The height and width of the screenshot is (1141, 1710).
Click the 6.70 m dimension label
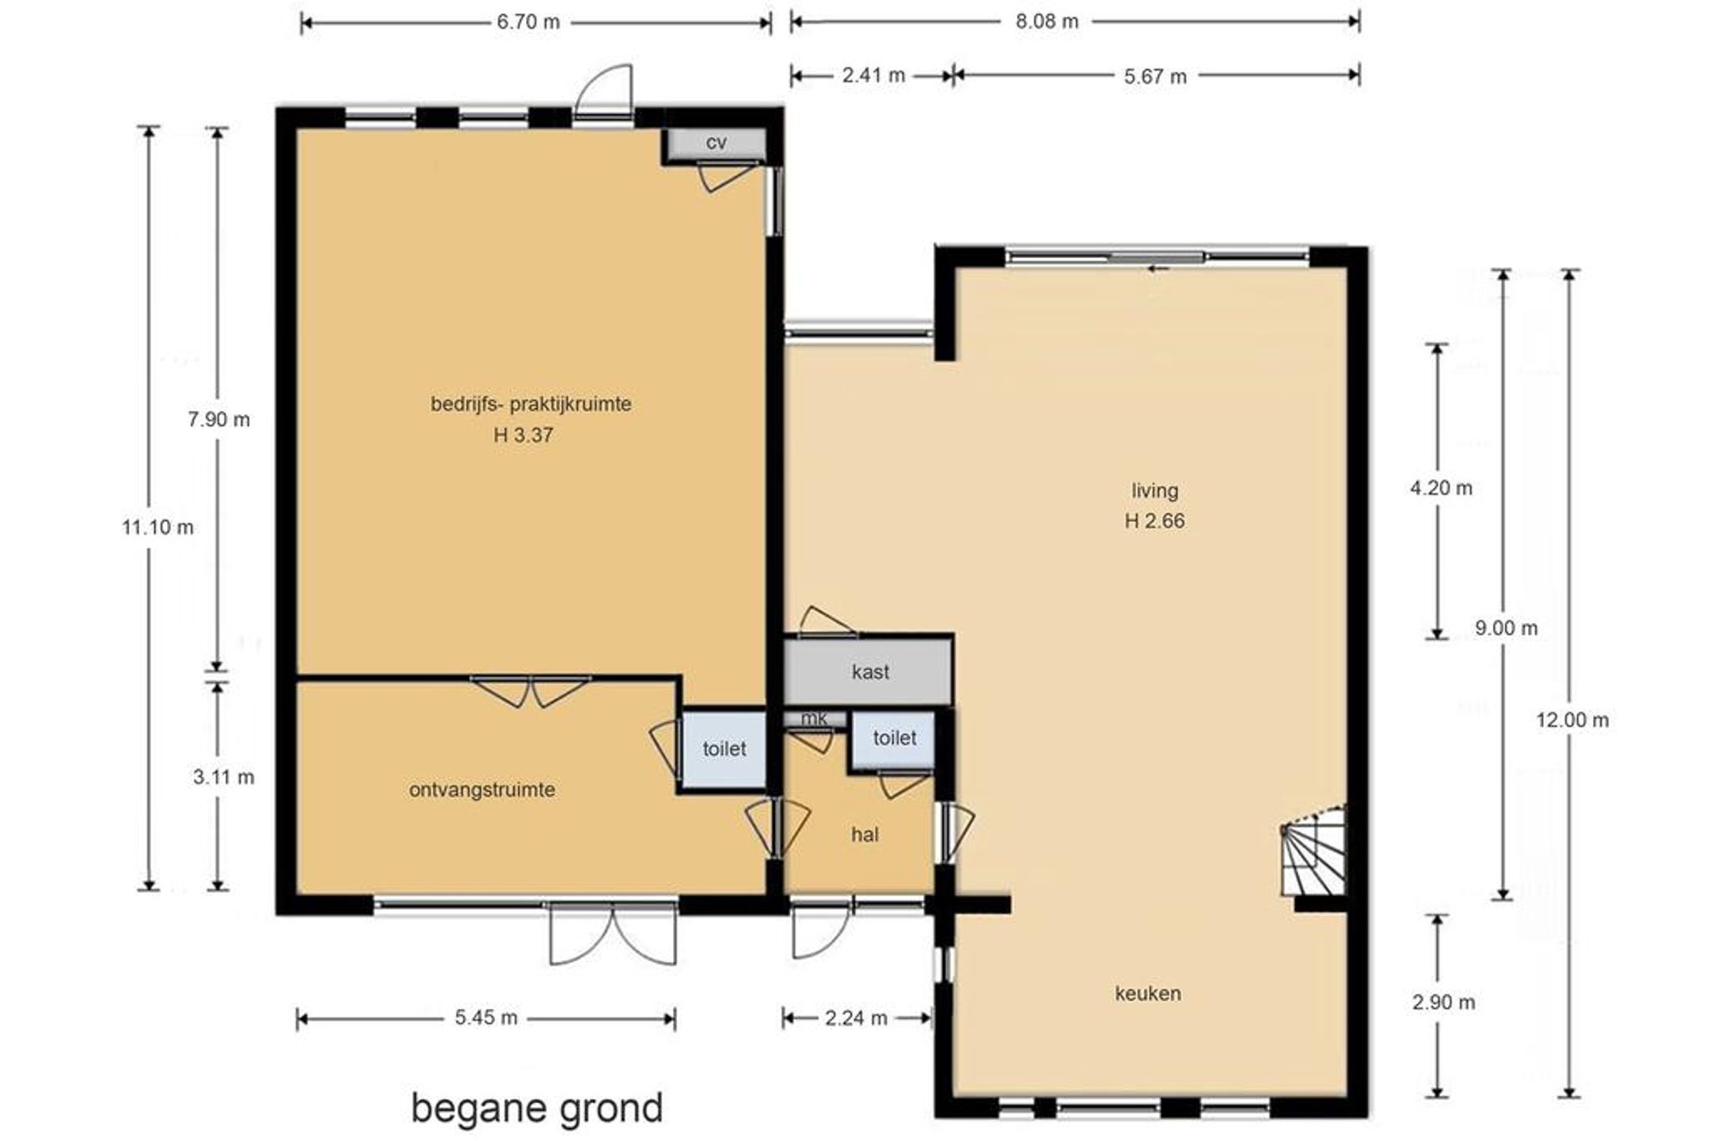[528, 22]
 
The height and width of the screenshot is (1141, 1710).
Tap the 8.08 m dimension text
[1047, 21]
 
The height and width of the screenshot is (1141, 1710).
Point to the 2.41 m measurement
[873, 75]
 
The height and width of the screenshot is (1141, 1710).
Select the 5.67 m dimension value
[1155, 76]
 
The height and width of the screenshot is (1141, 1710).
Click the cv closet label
[716, 143]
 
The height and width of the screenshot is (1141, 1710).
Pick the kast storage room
[868, 671]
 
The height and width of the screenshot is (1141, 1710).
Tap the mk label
[814, 718]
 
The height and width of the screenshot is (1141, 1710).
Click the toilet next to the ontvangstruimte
[724, 749]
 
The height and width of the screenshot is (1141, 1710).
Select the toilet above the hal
[894, 738]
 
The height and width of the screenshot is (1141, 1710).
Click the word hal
[864, 835]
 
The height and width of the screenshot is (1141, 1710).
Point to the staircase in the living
[1313, 850]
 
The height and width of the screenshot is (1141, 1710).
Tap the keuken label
[1148, 993]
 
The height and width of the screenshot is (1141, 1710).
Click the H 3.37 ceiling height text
[523, 435]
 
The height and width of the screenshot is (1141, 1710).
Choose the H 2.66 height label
[1154, 521]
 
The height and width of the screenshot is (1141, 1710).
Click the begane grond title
[537, 1109]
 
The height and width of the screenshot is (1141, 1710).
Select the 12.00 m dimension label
[1572, 721]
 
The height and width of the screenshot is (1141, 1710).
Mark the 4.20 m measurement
[1441, 488]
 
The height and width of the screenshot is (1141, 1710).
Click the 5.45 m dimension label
[486, 1017]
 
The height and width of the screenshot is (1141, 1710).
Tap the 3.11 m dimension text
[223, 778]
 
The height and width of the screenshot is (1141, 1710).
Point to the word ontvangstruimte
[482, 790]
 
